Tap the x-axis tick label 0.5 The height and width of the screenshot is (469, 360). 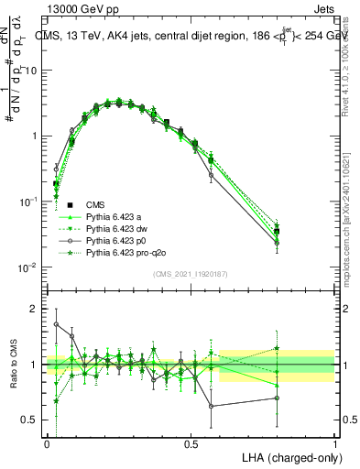[191, 443]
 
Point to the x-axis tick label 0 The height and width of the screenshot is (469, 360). [47, 443]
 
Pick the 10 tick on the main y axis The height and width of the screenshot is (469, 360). [32, 71]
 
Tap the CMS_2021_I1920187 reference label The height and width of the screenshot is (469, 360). [190, 274]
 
